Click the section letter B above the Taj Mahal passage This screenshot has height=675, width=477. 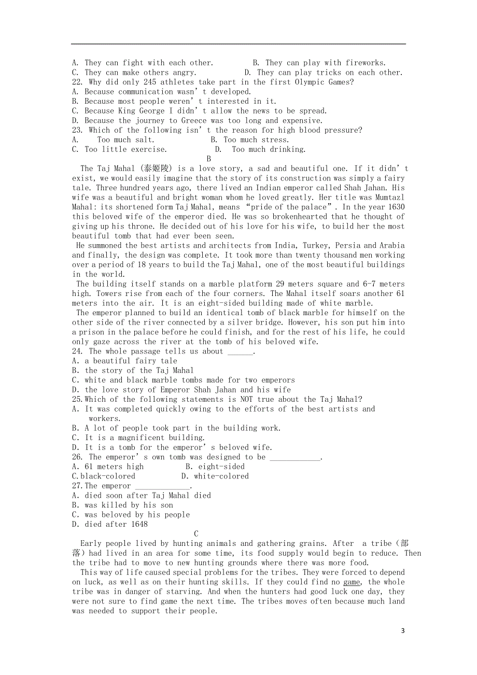209,159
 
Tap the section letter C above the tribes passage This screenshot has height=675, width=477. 197,533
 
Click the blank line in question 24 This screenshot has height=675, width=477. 240,353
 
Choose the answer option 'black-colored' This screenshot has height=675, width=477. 108,476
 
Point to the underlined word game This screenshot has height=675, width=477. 352,582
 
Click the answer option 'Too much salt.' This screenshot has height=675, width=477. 125,139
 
